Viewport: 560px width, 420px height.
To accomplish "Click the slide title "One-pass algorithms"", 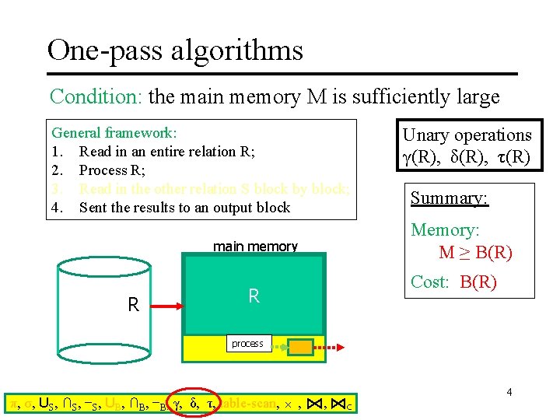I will pyautogui.click(x=175, y=51).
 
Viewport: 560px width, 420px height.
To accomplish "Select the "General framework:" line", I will pyautogui.click(x=114, y=133).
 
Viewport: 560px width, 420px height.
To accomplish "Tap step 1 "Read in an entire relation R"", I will pyautogui.click(x=167, y=152).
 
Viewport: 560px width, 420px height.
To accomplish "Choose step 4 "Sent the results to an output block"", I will pyautogui.click(x=184, y=208).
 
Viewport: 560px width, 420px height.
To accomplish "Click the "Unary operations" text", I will pyautogui.click(x=467, y=135).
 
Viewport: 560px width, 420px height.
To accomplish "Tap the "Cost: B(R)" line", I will pyautogui.click(x=453, y=282).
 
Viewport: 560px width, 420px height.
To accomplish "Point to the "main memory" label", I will pyautogui.click(x=255, y=247).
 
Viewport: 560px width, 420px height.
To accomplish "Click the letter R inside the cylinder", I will pyautogui.click(x=133, y=305).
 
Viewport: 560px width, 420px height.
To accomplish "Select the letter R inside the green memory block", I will pyautogui.click(x=254, y=296).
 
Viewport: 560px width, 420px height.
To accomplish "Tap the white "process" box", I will pyautogui.click(x=247, y=344).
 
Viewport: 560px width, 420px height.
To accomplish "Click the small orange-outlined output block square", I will pyautogui.click(x=299, y=346).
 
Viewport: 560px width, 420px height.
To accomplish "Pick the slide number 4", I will pyautogui.click(x=509, y=392).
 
